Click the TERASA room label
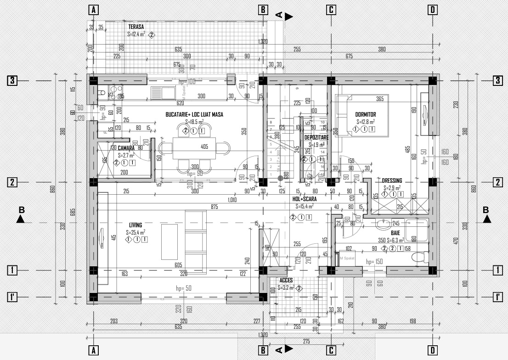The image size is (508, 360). [136, 27]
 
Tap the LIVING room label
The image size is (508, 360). [135, 225]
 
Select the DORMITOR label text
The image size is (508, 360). [366, 115]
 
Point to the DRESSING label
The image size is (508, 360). [392, 180]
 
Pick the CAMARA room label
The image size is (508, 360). [125, 148]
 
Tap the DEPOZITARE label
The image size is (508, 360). [316, 137]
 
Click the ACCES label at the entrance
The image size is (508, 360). [286, 280]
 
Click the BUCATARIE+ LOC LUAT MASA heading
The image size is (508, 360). [194, 114]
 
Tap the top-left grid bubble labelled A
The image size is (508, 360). [93, 10]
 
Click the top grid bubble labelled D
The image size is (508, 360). [432, 10]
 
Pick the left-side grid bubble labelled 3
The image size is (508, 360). [12, 81]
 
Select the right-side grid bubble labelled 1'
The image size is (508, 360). [498, 297]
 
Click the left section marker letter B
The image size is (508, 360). [21, 210]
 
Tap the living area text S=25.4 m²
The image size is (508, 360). [135, 232]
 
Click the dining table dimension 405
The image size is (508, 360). [205, 147]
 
